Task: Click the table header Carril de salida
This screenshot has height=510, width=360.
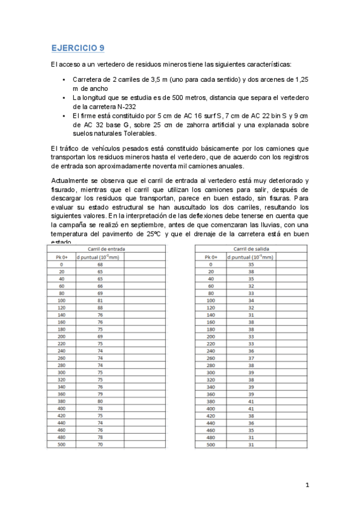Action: [243, 248]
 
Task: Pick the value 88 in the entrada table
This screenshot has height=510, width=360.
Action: [100, 307]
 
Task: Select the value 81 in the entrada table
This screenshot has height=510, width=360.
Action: [100, 300]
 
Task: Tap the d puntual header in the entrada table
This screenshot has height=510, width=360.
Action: [100, 256]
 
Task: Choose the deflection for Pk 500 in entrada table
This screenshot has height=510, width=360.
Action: [100, 444]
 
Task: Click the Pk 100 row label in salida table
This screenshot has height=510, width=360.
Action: [210, 300]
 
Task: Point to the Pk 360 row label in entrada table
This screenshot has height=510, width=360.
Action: [60, 394]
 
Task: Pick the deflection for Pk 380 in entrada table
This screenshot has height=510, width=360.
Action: [100, 401]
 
